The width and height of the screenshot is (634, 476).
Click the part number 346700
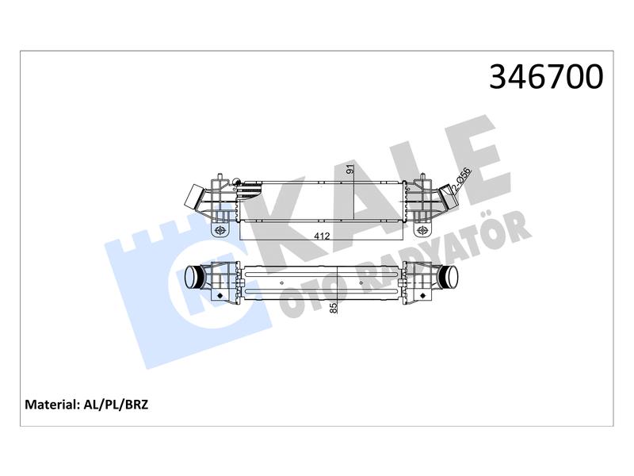pyautogui.click(x=546, y=77)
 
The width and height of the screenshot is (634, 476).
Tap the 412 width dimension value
pyautogui.click(x=322, y=236)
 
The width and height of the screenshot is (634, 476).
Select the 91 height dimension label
pyautogui.click(x=350, y=169)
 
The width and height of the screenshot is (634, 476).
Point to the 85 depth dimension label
pyautogui.click(x=334, y=308)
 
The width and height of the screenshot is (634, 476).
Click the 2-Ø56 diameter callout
pyautogui.click(x=461, y=180)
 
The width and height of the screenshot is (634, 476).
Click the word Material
pyautogui.click(x=51, y=405)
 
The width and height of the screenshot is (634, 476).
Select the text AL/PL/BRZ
pyautogui.click(x=116, y=405)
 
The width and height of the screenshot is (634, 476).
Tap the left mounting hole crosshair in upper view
pyautogui.click(x=220, y=230)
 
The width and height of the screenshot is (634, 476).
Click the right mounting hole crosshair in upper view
pyautogui.click(x=422, y=230)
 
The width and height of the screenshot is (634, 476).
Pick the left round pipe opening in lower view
pyautogui.click(x=190, y=278)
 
